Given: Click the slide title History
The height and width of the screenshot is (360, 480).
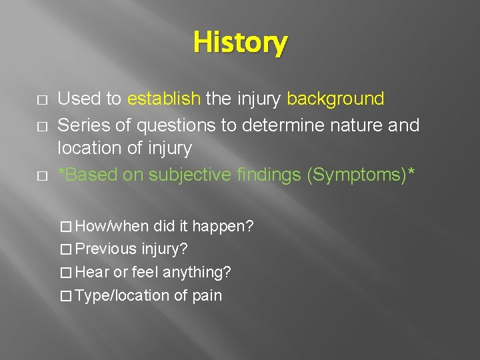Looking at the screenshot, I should pyautogui.click(x=240, y=44).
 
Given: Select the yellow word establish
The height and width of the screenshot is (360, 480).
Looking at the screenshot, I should pyautogui.click(x=164, y=99).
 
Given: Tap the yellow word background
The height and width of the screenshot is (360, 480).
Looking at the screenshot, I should pyautogui.click(x=335, y=99).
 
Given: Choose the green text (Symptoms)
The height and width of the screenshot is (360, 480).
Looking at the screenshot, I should pyautogui.click(x=359, y=174).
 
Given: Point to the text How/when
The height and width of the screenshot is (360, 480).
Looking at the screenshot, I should pyautogui.click(x=112, y=226).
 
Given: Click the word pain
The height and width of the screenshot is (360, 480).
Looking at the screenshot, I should pyautogui.click(x=206, y=295).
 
